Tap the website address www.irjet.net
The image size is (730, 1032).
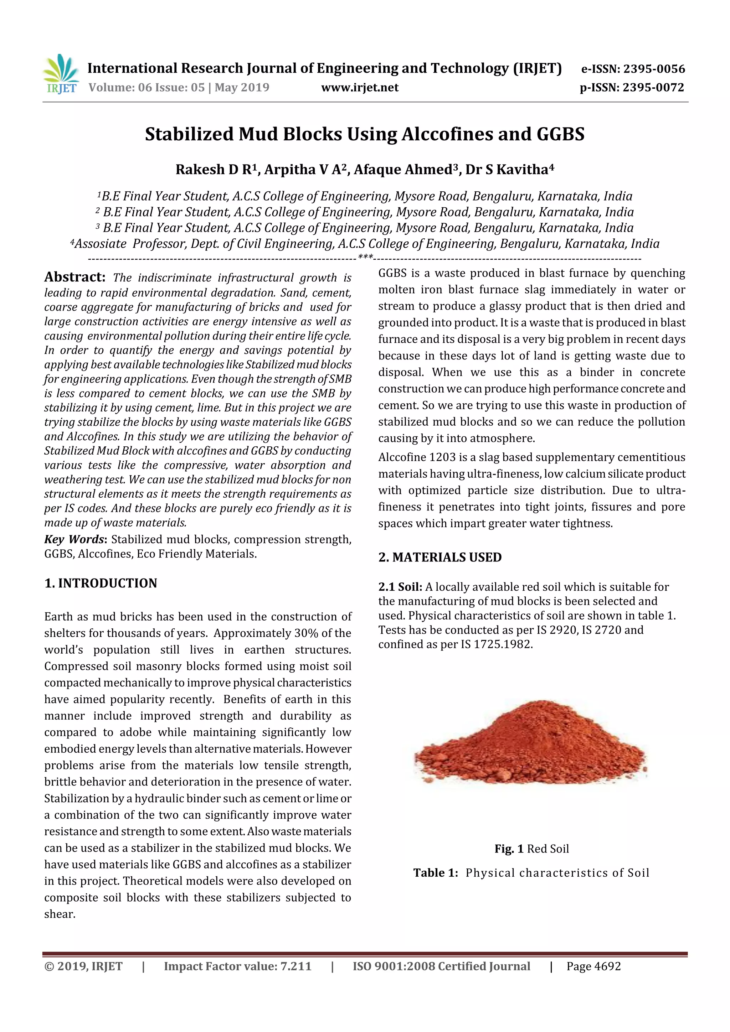pos(359,88)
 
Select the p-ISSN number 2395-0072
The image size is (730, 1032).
pos(653,88)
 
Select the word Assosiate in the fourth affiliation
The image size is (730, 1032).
pos(100,244)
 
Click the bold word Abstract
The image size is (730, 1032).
pos(74,277)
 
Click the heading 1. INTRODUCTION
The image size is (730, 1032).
pos(101,584)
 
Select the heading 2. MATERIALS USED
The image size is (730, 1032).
pos(439,558)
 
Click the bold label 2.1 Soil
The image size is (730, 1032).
pos(400,587)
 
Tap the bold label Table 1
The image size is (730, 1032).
pos(435,873)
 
